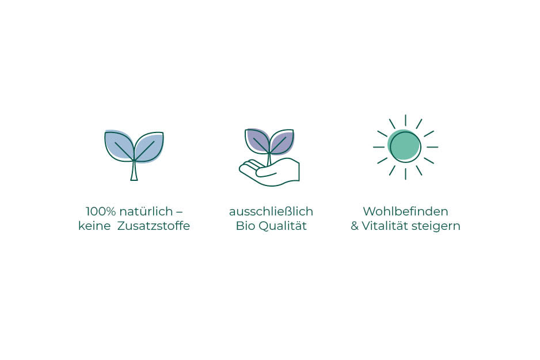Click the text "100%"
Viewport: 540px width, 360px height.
(x=101, y=211)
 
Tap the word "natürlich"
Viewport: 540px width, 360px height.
(x=146, y=211)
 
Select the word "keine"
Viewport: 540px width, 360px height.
(x=94, y=226)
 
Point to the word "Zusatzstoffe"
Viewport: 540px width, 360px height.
(x=154, y=226)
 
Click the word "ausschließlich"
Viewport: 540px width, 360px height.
(x=271, y=211)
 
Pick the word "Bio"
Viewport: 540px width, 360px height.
(x=245, y=226)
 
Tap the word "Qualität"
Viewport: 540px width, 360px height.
(x=283, y=226)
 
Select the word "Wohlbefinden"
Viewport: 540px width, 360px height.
(x=405, y=211)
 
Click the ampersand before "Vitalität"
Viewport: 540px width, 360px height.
(x=355, y=226)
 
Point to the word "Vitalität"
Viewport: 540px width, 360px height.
(x=385, y=226)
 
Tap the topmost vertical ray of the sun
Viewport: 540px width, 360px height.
(x=405, y=120)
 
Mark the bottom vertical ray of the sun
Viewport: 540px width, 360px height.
(x=405, y=173)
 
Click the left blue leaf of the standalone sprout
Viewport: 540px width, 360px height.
(x=119, y=145)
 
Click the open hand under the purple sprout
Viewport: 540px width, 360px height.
(x=270, y=172)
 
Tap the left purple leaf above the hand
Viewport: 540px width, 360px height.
(x=257, y=139)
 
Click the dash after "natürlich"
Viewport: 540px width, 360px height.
(x=180, y=211)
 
